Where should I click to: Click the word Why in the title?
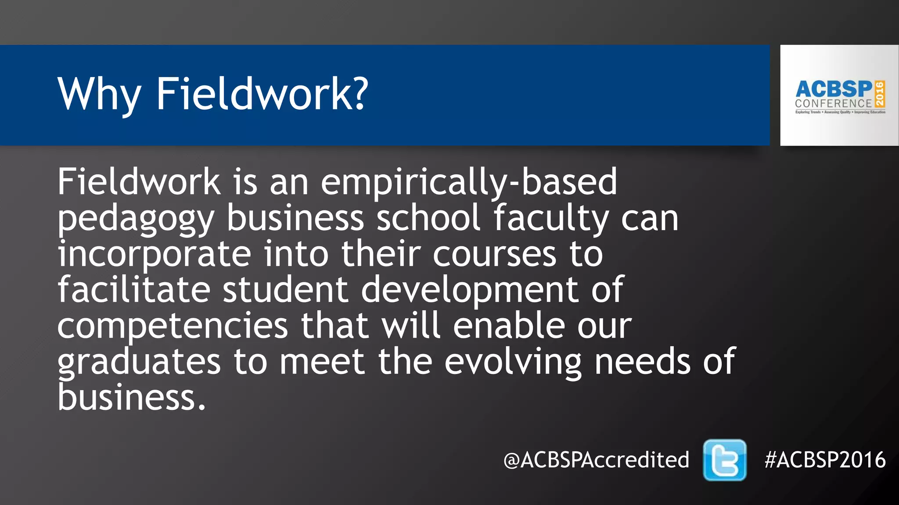pos(99,94)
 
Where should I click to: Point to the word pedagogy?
pos(136,219)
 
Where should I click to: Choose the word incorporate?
pos(154,255)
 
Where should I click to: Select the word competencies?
pos(173,327)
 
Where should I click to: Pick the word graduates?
pos(139,363)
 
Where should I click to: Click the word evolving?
pos(513,363)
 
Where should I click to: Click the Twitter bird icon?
pos(724,460)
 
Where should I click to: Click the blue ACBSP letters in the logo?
pos(834,89)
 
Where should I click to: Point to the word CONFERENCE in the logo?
pos(833,104)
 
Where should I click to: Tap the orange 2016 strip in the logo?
pos(880,94)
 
